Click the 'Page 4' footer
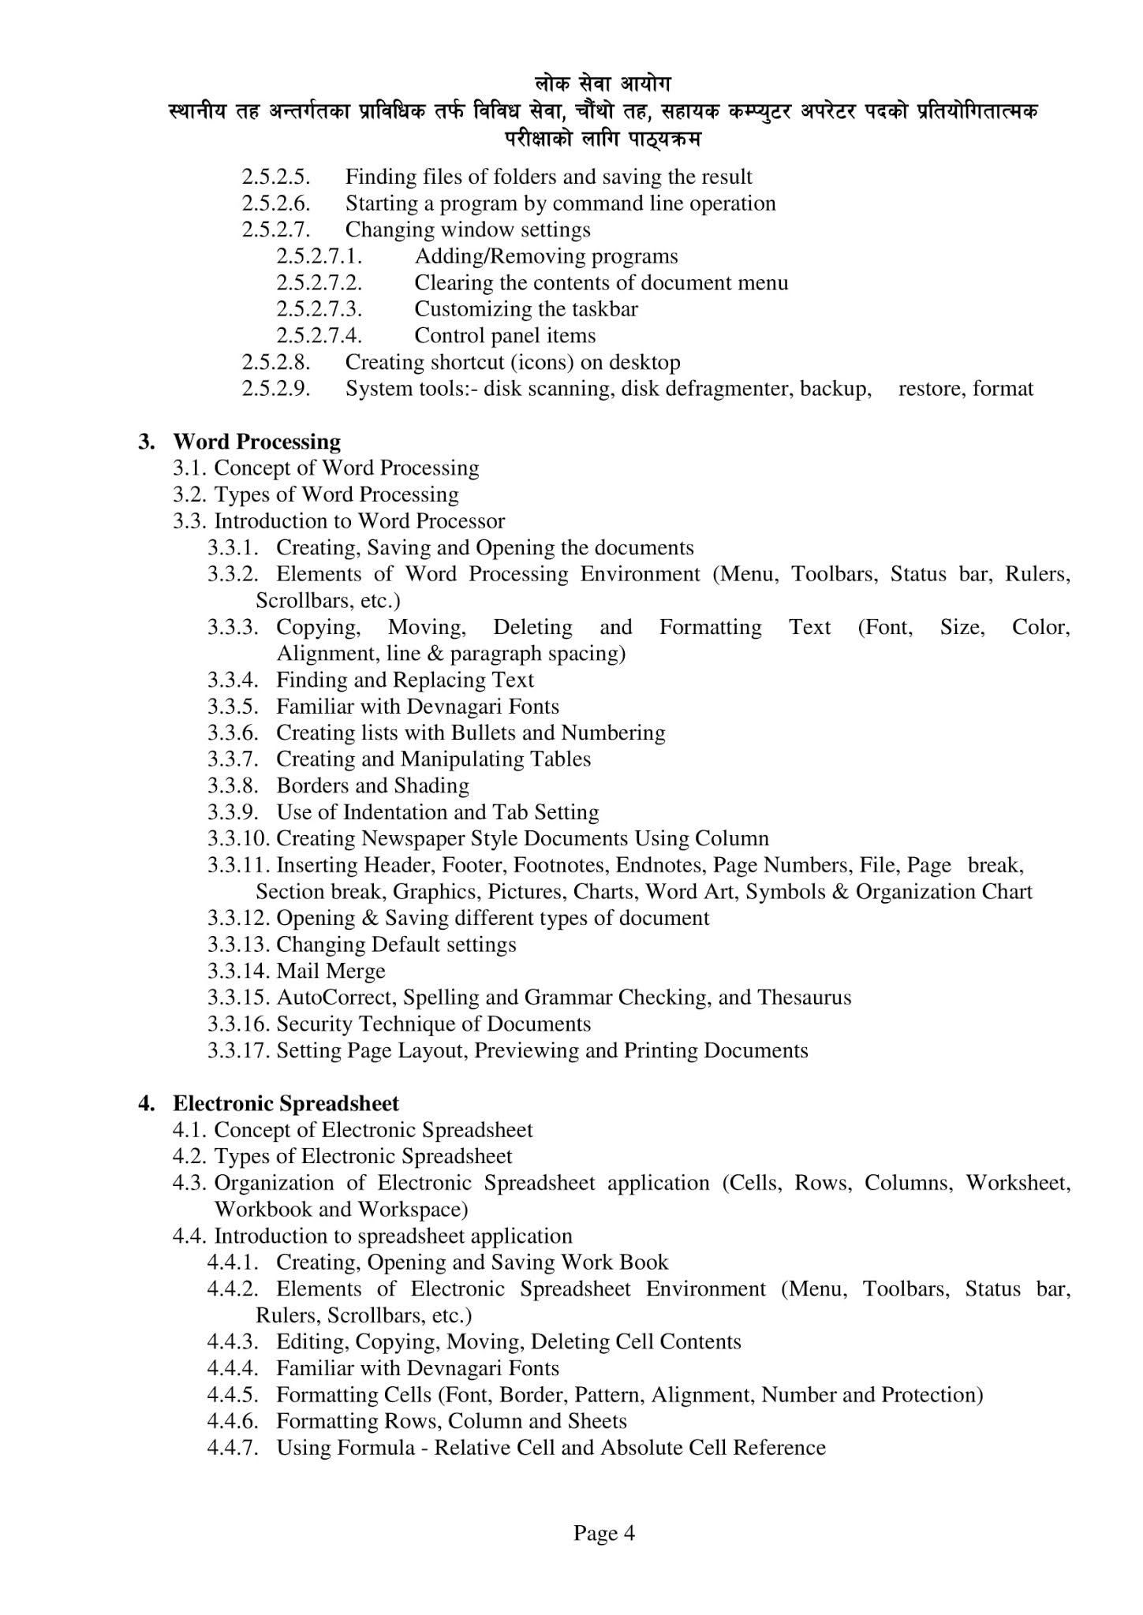[603, 1533]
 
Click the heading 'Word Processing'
[256, 441]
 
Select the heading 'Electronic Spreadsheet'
[286, 1102]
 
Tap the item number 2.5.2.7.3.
[319, 308]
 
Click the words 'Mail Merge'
[331, 971]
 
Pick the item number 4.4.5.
[233, 1394]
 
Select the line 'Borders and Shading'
[372, 785]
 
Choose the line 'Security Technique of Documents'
[433, 1024]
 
